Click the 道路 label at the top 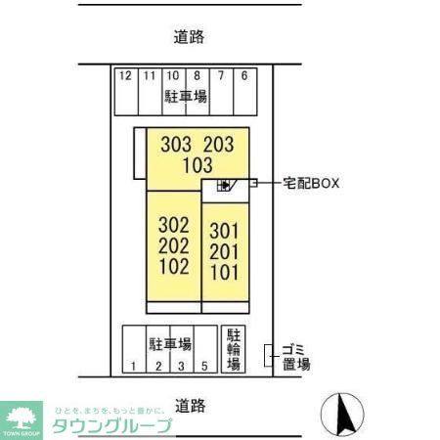tap(190, 37)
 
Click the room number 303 tap(175, 145)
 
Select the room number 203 tap(219, 145)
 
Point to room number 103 tap(197, 165)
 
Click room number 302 tap(173, 224)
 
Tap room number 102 tap(173, 265)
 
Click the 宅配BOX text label tap(311, 183)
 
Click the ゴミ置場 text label tap(295, 356)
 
